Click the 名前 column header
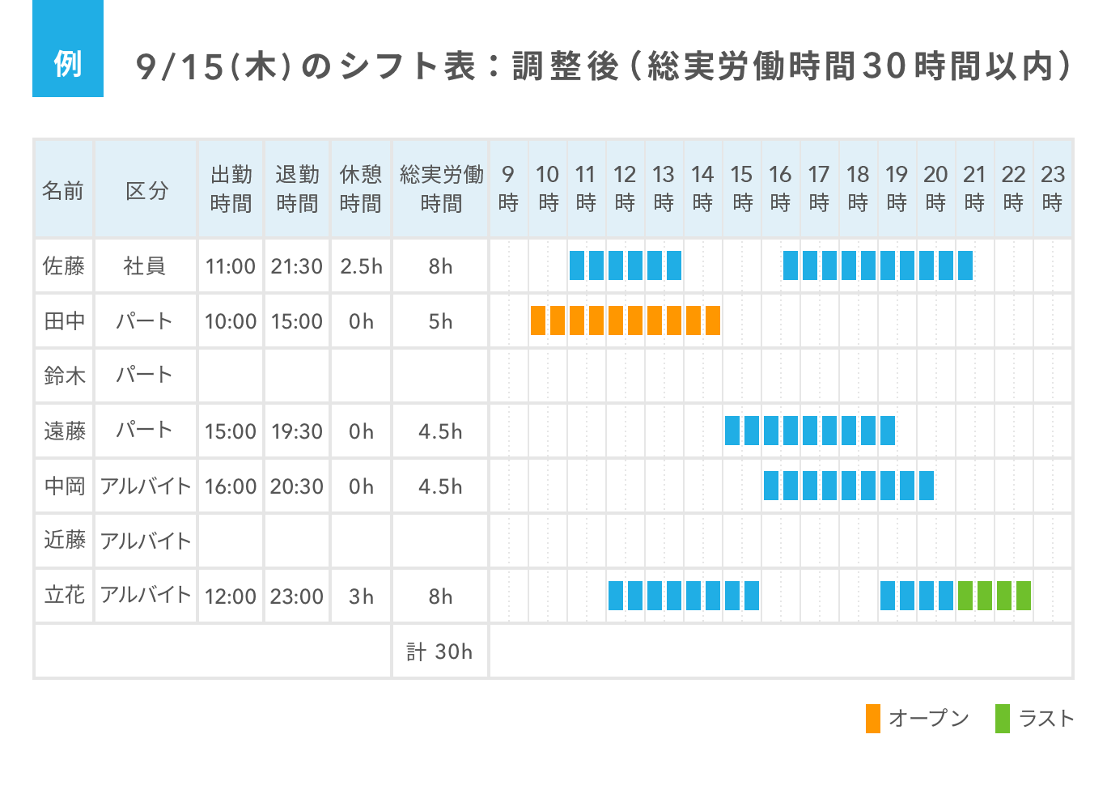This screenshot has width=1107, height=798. (63, 190)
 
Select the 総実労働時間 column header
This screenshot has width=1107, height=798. (440, 189)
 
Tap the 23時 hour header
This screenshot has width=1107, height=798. (1052, 189)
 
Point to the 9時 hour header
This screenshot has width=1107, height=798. (508, 189)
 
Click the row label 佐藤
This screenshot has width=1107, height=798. (64, 266)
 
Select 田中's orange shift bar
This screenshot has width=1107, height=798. (625, 320)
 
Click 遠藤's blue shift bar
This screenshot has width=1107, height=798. (809, 431)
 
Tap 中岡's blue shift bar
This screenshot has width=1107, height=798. (848, 486)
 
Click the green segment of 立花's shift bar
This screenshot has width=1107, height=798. (994, 596)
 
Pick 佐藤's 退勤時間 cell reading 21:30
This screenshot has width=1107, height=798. (296, 266)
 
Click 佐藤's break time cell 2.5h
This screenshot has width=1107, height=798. (361, 266)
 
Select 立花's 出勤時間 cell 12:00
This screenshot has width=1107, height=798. (230, 596)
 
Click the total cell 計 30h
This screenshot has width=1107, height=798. (439, 652)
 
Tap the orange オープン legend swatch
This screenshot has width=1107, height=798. (872, 719)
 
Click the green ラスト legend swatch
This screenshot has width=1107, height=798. (1003, 719)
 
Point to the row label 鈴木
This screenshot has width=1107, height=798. (64, 376)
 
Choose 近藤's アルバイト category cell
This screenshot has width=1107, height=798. (146, 541)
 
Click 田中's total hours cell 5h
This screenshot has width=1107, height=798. (440, 321)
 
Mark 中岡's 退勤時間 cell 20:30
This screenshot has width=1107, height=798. (296, 486)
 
